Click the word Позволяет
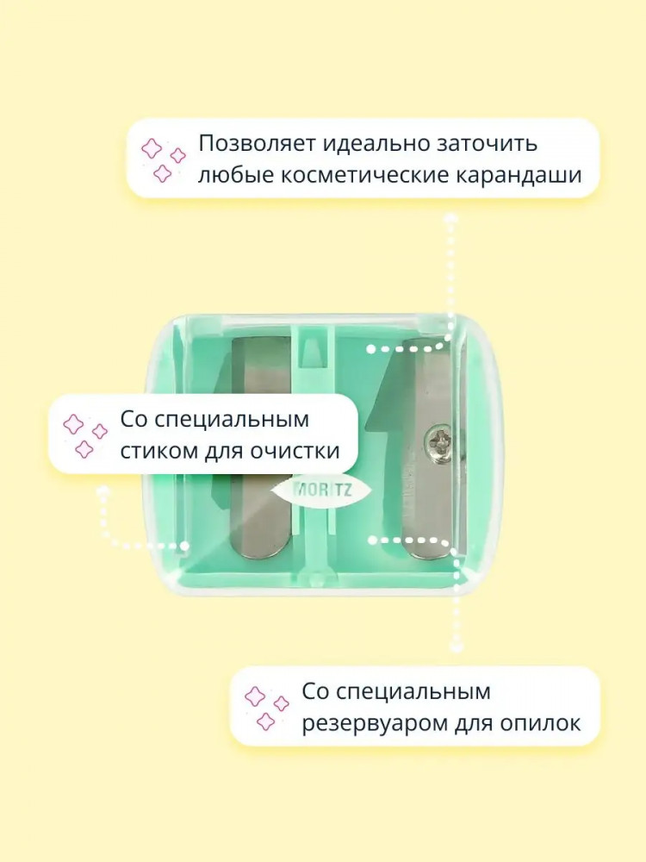257,143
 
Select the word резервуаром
374,723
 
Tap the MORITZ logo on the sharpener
320,490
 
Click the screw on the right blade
440,440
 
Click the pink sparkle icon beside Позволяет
162,159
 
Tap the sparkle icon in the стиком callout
84,435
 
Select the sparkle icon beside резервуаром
266,708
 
